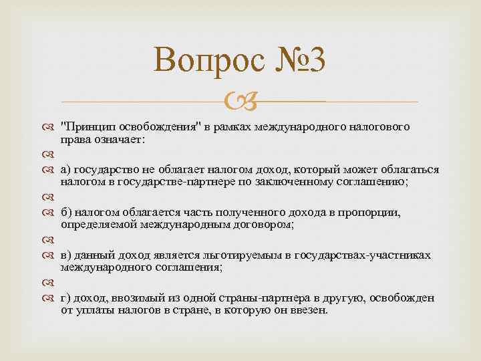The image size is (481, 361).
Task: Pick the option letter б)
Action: [65, 213]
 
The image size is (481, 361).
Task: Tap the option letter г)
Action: [65, 298]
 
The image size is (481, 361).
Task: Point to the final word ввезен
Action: [311, 311]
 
